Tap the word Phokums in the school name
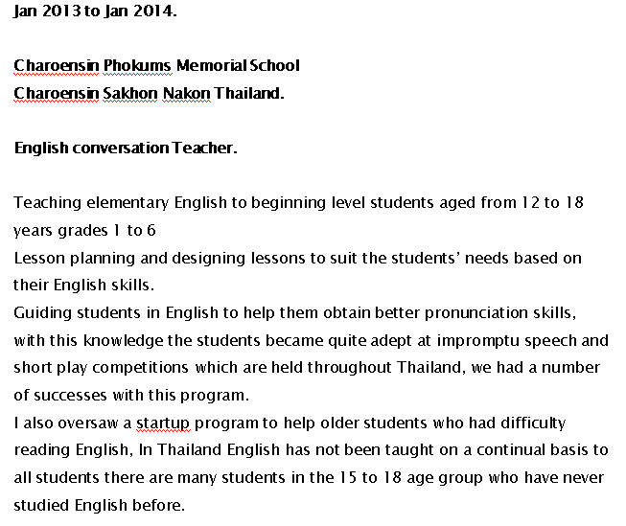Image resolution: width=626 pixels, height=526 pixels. [135, 66]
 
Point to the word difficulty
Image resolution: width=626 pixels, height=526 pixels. [530, 423]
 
